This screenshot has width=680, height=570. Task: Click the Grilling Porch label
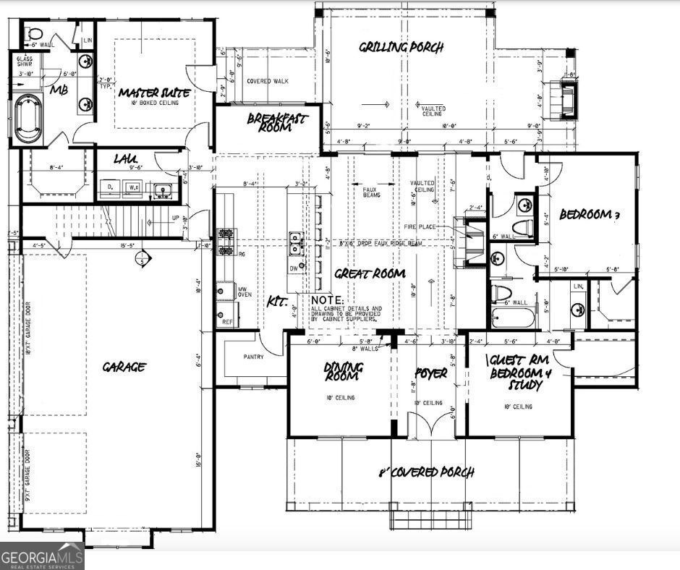[401, 48]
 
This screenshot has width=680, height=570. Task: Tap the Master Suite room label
[154, 93]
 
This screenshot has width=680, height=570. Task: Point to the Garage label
[123, 367]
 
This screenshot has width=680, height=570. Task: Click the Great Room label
[369, 273]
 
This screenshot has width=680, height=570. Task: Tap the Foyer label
[431, 374]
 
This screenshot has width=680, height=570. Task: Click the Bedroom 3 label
[591, 215]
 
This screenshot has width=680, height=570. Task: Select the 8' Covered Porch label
[427, 472]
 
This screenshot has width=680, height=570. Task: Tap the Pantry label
[253, 357]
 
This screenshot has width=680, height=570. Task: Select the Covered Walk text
[267, 81]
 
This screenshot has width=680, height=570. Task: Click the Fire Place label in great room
[440, 227]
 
